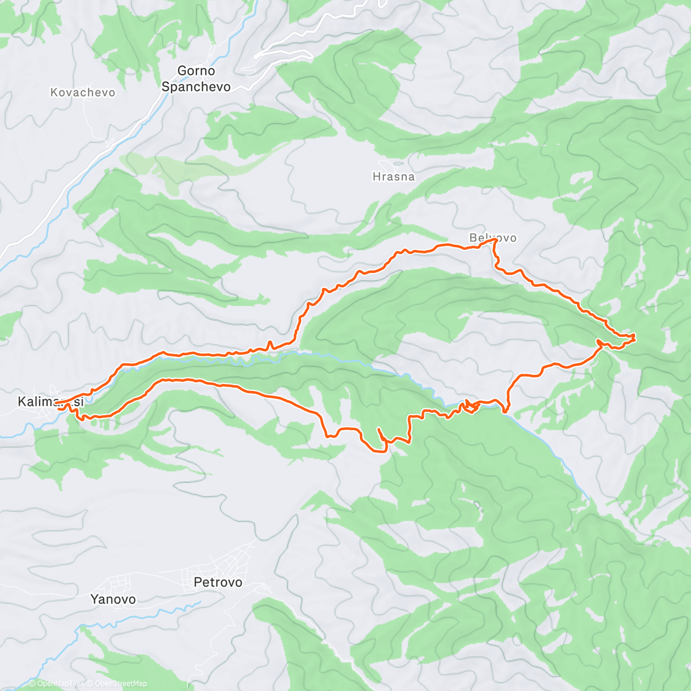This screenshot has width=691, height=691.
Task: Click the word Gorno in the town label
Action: pyautogui.click(x=196, y=71)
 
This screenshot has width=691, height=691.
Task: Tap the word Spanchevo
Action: pyautogui.click(x=196, y=87)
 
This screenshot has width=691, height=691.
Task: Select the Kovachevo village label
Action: pyautogui.click(x=82, y=93)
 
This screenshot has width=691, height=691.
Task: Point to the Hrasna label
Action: pyautogui.click(x=393, y=177)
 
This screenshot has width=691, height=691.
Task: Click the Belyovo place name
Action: pyautogui.click(x=493, y=237)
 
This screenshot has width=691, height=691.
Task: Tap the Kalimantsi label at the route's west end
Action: pyautogui.click(x=51, y=401)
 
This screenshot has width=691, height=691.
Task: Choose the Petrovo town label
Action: pyautogui.click(x=218, y=582)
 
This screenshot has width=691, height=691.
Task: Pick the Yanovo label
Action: pyautogui.click(x=113, y=599)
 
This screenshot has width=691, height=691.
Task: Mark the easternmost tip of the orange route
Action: pyautogui.click(x=634, y=336)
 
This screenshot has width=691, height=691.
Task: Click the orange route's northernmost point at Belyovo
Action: pyautogui.click(x=493, y=242)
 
